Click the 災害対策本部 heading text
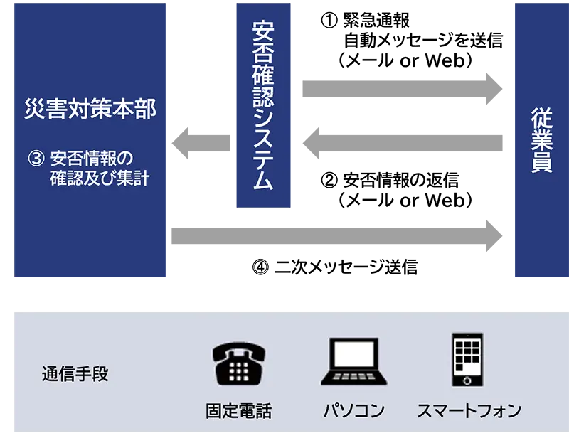click(90, 110)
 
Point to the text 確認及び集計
click(100, 178)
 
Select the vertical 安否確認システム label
click(264, 107)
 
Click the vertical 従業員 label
click(541, 139)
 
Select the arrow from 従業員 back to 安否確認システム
click(403, 142)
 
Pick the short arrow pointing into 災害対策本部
click(202, 142)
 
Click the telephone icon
click(239, 363)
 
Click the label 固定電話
click(239, 411)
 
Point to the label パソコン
click(353, 411)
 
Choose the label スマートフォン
click(469, 411)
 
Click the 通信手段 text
click(75, 374)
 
